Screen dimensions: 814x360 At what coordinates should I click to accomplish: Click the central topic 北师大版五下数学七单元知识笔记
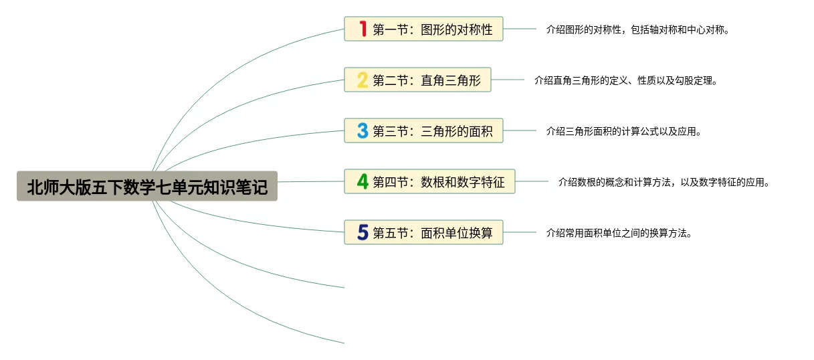(x=147, y=187)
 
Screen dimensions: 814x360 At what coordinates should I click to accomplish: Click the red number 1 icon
(x=363, y=29)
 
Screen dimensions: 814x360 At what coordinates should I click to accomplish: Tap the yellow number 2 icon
(x=363, y=80)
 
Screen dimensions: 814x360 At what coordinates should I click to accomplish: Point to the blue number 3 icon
(x=363, y=131)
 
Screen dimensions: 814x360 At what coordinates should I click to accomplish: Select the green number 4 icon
(x=363, y=181)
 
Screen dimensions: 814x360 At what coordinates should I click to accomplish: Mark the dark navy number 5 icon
(x=363, y=232)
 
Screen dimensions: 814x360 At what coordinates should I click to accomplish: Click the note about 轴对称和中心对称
(x=637, y=29)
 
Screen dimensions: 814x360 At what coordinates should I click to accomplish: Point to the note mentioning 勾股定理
(x=625, y=80)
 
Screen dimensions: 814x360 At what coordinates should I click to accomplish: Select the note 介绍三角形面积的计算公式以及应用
(x=623, y=131)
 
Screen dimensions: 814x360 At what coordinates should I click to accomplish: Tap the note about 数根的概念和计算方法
(x=664, y=182)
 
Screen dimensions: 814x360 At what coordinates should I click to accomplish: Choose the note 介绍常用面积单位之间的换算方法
(x=619, y=233)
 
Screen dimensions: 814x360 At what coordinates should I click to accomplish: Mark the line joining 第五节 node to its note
(x=519, y=232)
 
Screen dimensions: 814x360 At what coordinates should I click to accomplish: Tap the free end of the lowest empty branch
(x=343, y=343)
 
